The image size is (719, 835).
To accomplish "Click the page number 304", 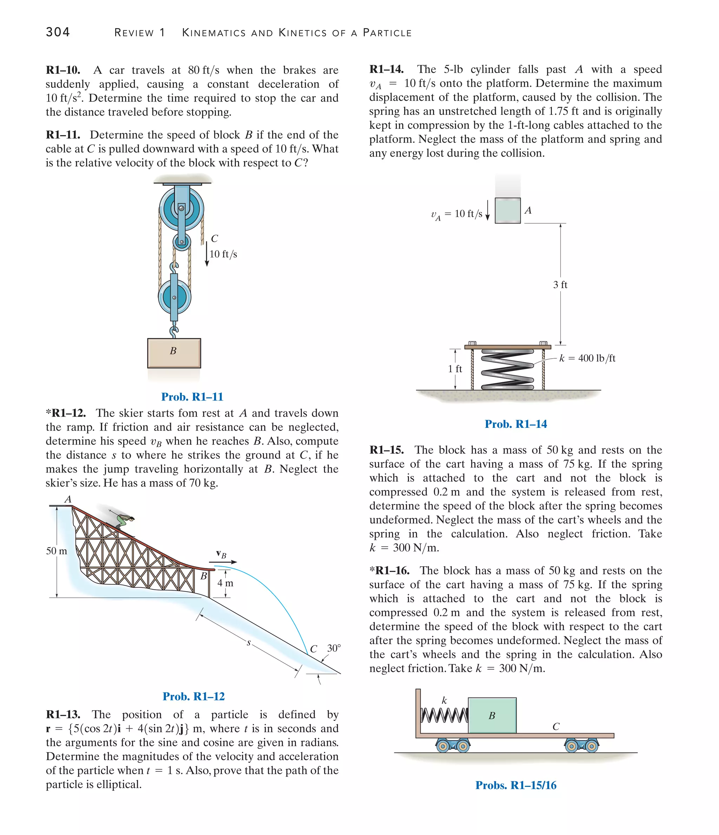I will (x=58, y=32).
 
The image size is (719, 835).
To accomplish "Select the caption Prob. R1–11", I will (x=192, y=397).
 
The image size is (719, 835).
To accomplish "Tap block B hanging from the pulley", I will (x=174, y=353).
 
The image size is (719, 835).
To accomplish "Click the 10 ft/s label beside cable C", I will (x=223, y=254).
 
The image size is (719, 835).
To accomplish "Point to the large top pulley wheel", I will (x=181, y=209).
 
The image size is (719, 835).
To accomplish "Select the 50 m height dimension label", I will (x=57, y=551).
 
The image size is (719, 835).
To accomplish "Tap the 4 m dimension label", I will (x=225, y=583).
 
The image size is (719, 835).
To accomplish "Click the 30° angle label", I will (x=334, y=648).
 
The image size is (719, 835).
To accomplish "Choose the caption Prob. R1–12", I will (x=194, y=696).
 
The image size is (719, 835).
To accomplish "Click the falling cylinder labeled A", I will (x=508, y=210).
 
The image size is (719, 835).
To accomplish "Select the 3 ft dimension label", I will (x=560, y=285).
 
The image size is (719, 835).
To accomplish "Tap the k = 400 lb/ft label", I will (x=587, y=358).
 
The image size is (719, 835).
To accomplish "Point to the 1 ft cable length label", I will (x=455, y=369).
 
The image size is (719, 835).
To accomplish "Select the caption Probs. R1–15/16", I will (x=516, y=785).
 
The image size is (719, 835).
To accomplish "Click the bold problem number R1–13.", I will (x=63, y=715).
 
